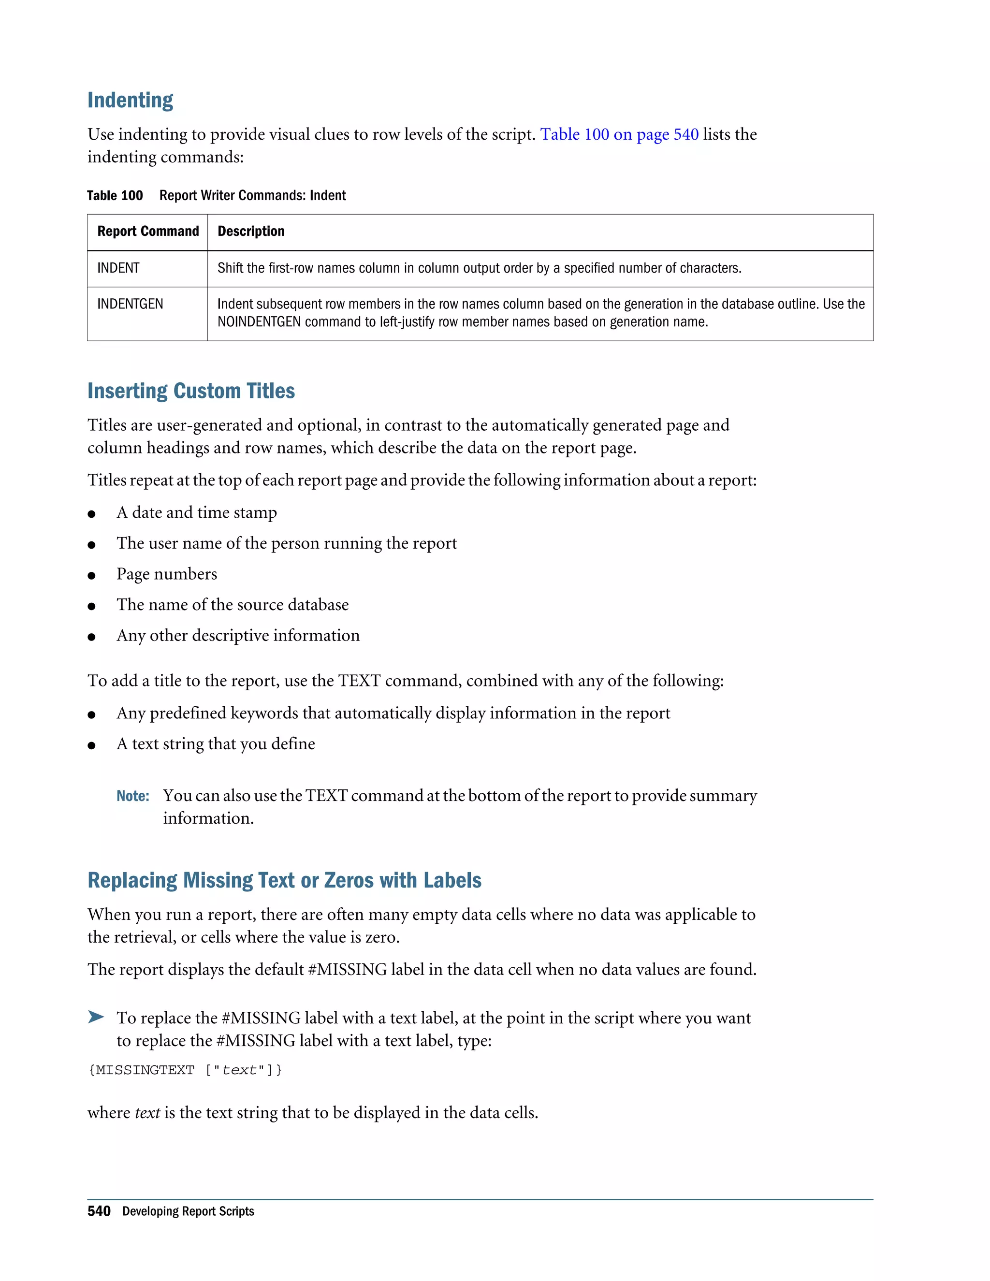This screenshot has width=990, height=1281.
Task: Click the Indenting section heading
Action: [x=130, y=100]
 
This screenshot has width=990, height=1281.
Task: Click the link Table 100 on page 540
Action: [x=619, y=134]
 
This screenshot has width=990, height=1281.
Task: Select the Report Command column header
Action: [x=148, y=232]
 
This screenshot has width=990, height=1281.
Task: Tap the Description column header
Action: [x=251, y=232]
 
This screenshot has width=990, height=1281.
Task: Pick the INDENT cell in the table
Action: [x=118, y=268]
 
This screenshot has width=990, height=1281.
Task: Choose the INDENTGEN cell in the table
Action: [x=130, y=304]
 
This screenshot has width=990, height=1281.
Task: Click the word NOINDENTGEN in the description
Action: [x=259, y=322]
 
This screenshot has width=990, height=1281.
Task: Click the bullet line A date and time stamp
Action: [x=196, y=512]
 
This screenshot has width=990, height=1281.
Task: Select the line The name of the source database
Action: [x=232, y=605]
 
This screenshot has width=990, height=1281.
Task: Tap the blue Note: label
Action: [x=132, y=796]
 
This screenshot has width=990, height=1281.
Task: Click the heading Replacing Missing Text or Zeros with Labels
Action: [x=284, y=880]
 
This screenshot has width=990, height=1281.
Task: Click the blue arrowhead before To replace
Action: [x=96, y=1017]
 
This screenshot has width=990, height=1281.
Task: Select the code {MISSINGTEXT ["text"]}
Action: [x=185, y=1070]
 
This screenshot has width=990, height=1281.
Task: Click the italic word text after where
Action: [x=147, y=1113]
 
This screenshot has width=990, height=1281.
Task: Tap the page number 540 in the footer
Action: [x=99, y=1211]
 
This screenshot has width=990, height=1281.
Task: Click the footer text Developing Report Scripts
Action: [x=188, y=1211]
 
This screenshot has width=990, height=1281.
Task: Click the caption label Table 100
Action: [x=115, y=196]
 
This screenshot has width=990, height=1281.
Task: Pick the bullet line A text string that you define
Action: [x=215, y=744]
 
